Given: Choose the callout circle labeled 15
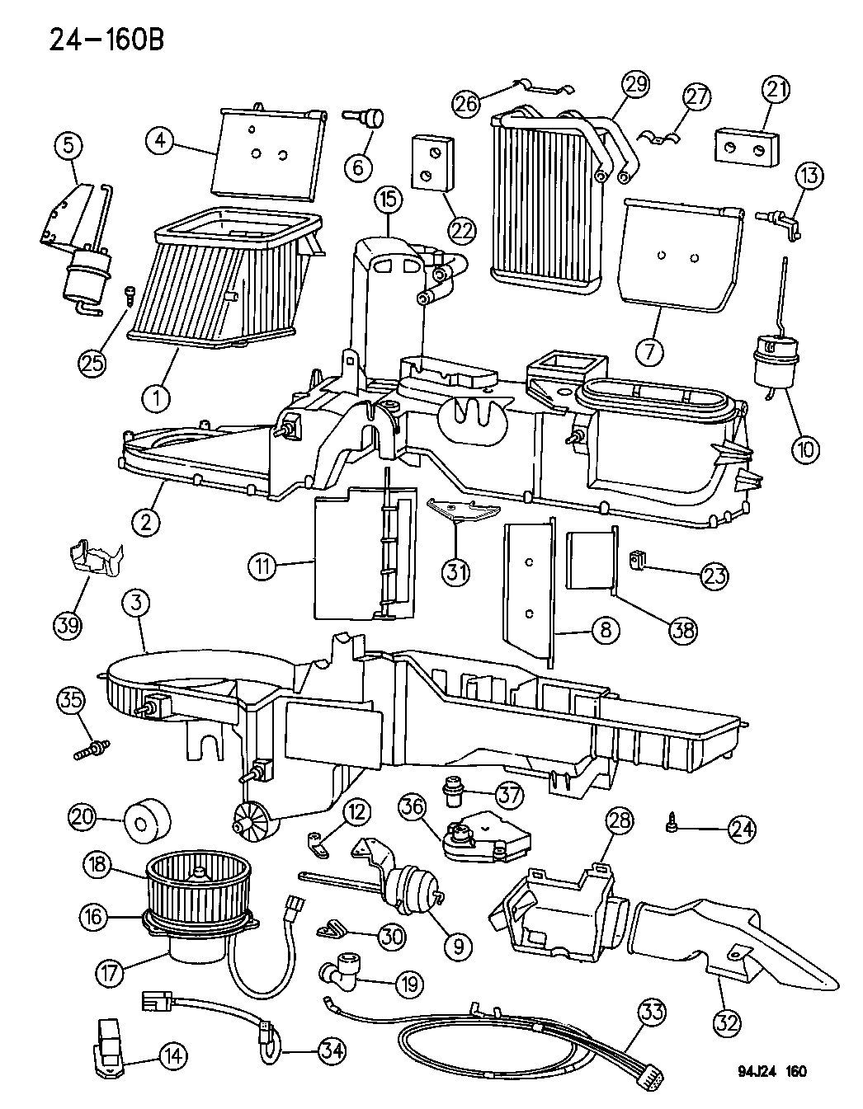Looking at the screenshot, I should [387, 200].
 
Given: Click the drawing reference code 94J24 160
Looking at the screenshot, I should [771, 1071].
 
